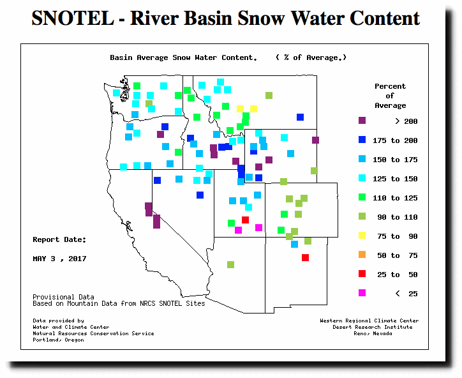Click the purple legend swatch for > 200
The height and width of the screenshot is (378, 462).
click(x=362, y=121)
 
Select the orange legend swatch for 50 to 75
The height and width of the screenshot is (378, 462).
click(x=362, y=255)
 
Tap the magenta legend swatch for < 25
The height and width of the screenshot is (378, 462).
click(x=362, y=293)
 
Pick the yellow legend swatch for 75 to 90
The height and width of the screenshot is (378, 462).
click(x=362, y=235)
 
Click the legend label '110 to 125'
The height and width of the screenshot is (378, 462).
click(x=395, y=198)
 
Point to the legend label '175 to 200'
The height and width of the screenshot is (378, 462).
click(x=395, y=140)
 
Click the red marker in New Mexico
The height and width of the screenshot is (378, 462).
click(x=305, y=258)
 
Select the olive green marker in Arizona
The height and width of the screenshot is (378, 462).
click(x=231, y=264)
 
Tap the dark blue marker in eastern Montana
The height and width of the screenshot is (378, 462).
click(x=301, y=117)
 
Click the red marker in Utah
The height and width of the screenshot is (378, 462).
click(x=245, y=220)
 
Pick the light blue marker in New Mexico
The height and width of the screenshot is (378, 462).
click(x=294, y=244)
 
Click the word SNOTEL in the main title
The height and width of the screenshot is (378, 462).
click(x=73, y=19)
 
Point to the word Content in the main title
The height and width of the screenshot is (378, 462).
click(x=385, y=19)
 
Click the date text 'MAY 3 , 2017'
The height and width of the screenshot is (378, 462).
click(x=59, y=259)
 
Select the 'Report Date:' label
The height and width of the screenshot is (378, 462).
click(x=59, y=239)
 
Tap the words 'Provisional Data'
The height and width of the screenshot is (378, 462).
click(x=63, y=297)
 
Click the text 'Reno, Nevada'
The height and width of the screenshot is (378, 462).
click(x=373, y=333)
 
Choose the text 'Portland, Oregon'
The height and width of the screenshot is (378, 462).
click(x=58, y=340)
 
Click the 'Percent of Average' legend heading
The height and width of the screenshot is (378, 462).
click(x=390, y=96)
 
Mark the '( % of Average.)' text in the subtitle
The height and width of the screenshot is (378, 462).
click(x=311, y=57)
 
